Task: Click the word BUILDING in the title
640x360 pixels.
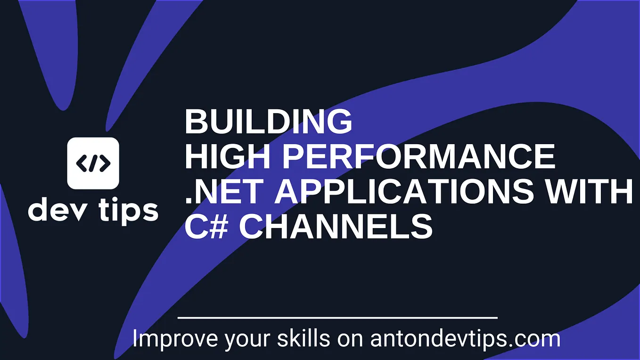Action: coord(268,122)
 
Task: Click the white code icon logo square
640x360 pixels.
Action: coord(93,163)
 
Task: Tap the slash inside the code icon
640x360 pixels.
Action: coord(93,163)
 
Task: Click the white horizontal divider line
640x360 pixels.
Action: coord(337,318)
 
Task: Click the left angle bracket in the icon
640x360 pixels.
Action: coord(81,163)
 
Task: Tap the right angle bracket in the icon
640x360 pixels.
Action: coord(105,163)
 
